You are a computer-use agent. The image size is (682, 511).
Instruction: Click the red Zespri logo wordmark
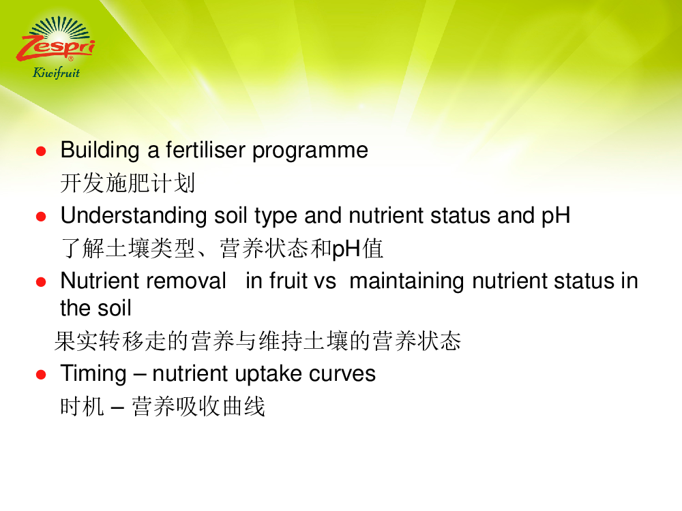(x=56, y=48)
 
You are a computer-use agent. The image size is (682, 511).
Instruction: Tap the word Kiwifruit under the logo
(x=56, y=73)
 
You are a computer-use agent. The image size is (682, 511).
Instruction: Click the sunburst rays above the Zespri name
(x=59, y=28)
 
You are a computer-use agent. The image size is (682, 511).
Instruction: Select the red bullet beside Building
(x=41, y=151)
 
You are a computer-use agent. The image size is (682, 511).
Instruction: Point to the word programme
(x=310, y=152)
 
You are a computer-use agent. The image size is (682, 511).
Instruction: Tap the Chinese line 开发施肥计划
(x=128, y=183)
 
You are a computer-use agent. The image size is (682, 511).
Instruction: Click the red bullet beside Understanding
(x=41, y=217)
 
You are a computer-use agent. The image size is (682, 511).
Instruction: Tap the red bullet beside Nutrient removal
(x=41, y=282)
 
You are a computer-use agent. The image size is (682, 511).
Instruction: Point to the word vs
(x=325, y=281)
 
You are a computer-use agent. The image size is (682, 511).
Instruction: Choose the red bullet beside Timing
(x=41, y=375)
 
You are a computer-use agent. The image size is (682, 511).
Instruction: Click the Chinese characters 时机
(x=82, y=407)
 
